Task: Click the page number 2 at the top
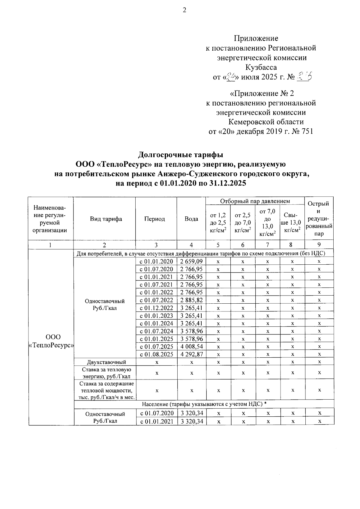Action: click(x=184, y=10)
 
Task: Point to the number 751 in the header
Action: click(x=306, y=131)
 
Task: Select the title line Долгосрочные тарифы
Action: click(x=181, y=155)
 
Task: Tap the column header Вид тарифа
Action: click(x=106, y=219)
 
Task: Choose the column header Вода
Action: click(x=191, y=219)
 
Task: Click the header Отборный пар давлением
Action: click(x=255, y=201)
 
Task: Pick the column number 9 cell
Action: click(x=319, y=245)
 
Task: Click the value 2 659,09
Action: click(x=191, y=261)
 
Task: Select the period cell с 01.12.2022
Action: click(x=156, y=308)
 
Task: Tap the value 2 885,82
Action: click(x=191, y=300)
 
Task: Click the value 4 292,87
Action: click(x=191, y=354)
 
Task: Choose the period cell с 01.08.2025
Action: click(x=156, y=354)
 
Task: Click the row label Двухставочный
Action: click(x=106, y=362)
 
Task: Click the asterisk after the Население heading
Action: click(x=265, y=404)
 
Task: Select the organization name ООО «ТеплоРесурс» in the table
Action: click(x=51, y=341)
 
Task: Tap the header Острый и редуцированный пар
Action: click(x=319, y=219)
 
